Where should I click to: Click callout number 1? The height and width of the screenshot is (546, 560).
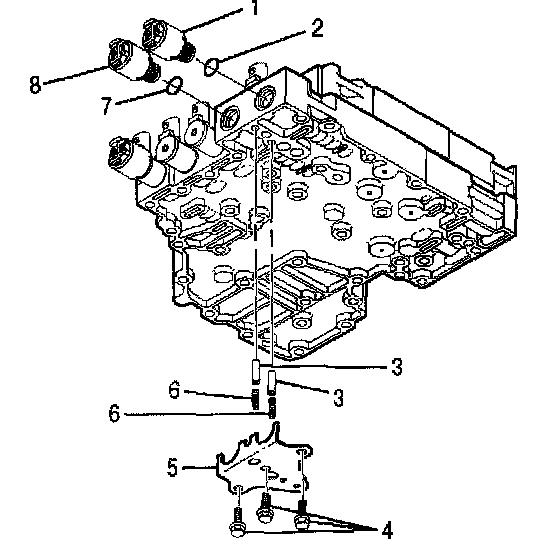tap(255, 7)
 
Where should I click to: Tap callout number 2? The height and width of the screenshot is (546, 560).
tap(317, 29)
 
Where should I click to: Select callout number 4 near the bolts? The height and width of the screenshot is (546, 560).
tap(387, 530)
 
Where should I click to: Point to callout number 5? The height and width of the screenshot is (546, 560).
tap(172, 467)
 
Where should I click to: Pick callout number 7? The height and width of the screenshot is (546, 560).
tap(106, 106)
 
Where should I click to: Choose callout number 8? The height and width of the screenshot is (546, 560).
tap(35, 85)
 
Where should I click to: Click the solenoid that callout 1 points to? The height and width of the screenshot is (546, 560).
tap(168, 39)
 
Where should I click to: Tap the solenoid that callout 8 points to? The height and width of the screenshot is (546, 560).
tap(133, 60)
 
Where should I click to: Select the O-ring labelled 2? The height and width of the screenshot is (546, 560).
tap(211, 67)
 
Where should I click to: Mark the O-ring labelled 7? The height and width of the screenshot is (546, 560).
tap(175, 85)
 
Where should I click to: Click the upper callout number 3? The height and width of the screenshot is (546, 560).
tap(396, 366)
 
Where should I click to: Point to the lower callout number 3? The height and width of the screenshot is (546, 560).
tap(338, 398)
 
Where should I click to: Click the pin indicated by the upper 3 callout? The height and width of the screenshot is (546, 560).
tap(256, 372)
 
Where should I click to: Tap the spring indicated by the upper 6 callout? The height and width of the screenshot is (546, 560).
tap(255, 399)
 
